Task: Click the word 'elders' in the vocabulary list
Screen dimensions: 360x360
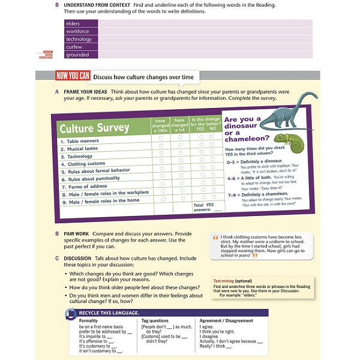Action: [73, 23]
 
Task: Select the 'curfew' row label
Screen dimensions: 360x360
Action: [74, 47]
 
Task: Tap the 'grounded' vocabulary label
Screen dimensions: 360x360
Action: [77, 55]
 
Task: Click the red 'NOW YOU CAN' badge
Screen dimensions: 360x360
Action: [73, 76]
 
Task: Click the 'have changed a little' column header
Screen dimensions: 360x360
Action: [161, 124]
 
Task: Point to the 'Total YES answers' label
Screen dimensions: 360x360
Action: [203, 207]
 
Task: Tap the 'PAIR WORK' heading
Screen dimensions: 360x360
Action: [78, 233]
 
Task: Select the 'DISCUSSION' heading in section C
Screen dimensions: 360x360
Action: [82, 258]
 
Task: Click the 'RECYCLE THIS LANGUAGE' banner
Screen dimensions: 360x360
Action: [109, 313]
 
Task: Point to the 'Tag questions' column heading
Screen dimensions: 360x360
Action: [154, 321]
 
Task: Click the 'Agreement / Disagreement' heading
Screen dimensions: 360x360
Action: [226, 321]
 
